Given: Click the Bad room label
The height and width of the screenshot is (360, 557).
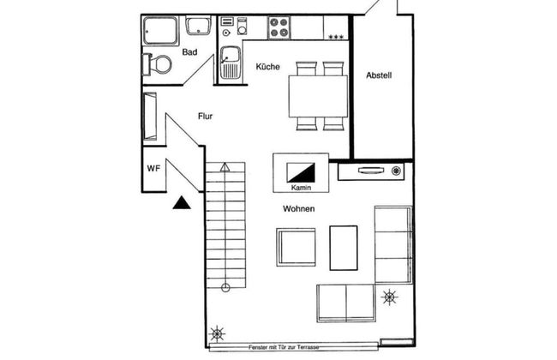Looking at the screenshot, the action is tap(189, 52).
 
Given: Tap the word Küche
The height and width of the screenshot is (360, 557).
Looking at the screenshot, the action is tap(268, 67).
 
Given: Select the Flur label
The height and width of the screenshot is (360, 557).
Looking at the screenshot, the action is tap(206, 117).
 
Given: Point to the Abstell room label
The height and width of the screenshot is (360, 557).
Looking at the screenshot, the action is tap(379, 75).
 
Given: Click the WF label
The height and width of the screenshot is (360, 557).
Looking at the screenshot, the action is tap(153, 169).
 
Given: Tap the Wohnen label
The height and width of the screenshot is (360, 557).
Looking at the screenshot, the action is tap(299, 208).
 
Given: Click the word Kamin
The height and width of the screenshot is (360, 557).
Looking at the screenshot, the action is tap(301, 188).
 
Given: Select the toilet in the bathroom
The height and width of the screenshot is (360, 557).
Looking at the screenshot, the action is tap(157, 64).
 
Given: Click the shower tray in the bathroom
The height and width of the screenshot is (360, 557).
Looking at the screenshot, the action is tap(160, 31).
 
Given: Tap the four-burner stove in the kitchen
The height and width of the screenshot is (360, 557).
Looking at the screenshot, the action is tap(278, 27).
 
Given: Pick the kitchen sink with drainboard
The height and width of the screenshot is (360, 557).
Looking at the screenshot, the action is tap(231, 63).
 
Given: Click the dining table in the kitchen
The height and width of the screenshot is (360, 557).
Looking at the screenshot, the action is tap(318, 96).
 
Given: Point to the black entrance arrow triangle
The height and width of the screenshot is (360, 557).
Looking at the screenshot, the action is tap(182, 202).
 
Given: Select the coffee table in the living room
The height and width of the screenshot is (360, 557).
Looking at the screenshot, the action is tap(344, 248).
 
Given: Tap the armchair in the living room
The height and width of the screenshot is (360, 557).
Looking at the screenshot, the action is tap(296, 248).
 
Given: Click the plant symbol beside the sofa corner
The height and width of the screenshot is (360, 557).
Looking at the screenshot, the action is tap(389, 297).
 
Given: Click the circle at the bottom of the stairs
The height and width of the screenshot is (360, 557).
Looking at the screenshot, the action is tap(225, 288).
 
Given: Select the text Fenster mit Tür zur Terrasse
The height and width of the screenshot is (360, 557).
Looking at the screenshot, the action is tap(284, 347).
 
